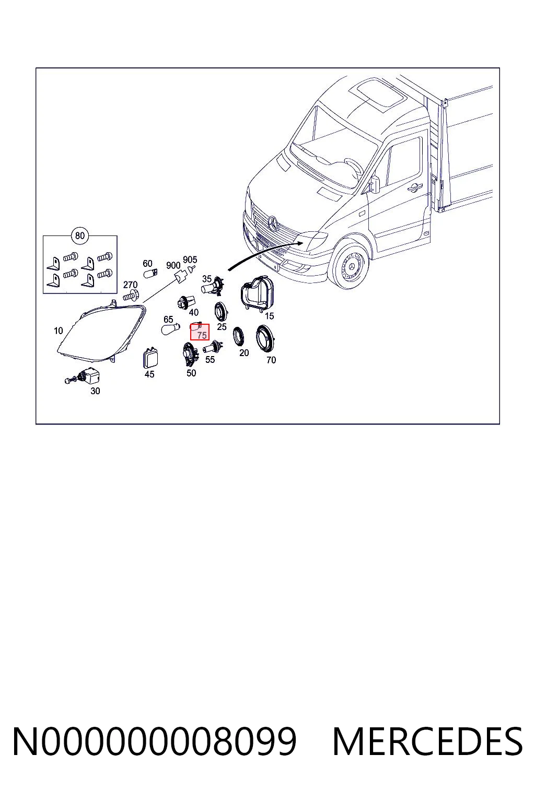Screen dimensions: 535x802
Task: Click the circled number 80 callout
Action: point(80,235)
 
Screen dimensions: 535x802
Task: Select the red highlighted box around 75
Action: point(200,332)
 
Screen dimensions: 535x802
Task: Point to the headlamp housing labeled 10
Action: point(101,332)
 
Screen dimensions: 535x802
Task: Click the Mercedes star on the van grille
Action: point(273,223)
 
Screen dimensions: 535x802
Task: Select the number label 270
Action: point(130,285)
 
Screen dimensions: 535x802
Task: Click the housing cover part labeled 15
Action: point(257,292)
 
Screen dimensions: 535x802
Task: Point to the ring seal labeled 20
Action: point(238,337)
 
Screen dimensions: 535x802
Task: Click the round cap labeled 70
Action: point(265,339)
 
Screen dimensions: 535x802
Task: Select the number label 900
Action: point(173,265)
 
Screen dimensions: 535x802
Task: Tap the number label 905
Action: point(190,260)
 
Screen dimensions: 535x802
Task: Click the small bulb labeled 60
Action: point(150,274)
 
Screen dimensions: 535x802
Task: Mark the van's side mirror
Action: point(374,184)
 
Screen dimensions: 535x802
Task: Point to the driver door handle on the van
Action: point(416,186)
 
